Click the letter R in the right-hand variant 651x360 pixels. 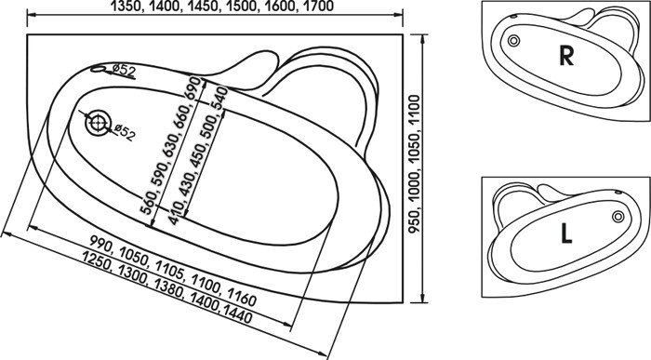click(566, 56)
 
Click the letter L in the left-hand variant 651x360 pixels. click(566, 233)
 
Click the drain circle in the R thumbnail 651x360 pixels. click(513, 41)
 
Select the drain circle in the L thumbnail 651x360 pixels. click(618, 217)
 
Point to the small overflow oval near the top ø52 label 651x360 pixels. click(99, 69)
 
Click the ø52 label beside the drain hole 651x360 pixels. click(123, 132)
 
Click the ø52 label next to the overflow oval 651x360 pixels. click(124, 71)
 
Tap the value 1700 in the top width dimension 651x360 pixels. click(318, 7)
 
